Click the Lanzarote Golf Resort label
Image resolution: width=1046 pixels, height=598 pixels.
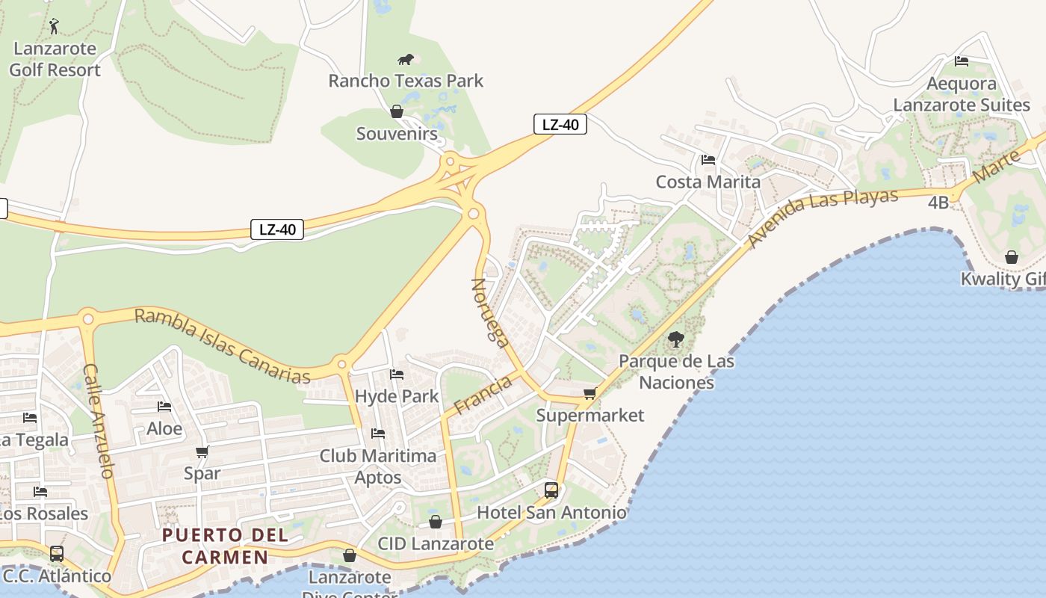click(x=55, y=60)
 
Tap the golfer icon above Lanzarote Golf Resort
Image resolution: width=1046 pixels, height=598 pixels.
click(x=54, y=27)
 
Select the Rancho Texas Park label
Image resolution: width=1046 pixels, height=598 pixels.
click(x=406, y=81)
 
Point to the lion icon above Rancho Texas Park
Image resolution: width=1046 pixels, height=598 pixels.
click(x=406, y=59)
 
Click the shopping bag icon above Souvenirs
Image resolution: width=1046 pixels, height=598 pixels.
click(x=397, y=112)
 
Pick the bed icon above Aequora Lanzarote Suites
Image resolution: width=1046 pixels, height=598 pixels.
click(x=962, y=61)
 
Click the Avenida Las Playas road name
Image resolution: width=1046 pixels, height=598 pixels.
click(x=822, y=218)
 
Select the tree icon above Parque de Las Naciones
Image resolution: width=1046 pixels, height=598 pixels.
click(x=676, y=339)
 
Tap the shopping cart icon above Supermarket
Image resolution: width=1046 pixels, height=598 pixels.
click(x=590, y=393)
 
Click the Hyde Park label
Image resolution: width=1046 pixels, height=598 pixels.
click(x=397, y=396)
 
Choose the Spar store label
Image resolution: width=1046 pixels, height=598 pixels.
click(x=202, y=473)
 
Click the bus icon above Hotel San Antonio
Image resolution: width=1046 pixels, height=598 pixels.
click(x=551, y=490)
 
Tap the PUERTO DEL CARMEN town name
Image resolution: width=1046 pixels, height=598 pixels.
click(x=226, y=546)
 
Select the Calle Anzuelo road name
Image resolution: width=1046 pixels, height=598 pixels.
click(x=99, y=421)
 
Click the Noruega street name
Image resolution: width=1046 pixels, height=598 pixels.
click(x=490, y=312)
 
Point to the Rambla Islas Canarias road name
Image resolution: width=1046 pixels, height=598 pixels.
click(x=222, y=346)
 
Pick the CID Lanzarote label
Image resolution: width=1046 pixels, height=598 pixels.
click(x=436, y=543)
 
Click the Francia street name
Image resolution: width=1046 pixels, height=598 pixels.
click(x=483, y=395)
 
